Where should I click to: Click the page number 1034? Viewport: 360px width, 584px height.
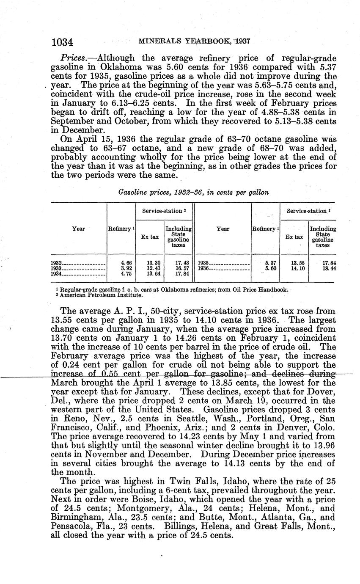[x=62, y=42]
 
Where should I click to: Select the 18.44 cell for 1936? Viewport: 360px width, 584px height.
[x=329, y=268]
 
